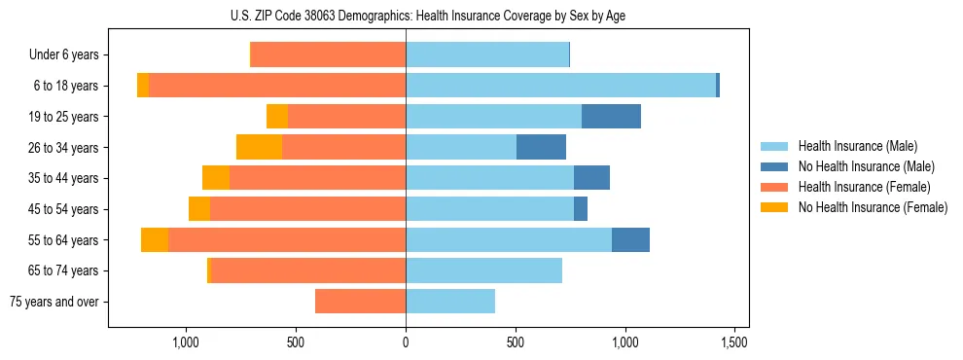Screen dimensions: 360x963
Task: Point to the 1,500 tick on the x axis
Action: [734, 342]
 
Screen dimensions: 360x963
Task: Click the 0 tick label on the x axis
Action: [406, 342]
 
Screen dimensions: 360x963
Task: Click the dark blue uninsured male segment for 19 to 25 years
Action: [611, 117]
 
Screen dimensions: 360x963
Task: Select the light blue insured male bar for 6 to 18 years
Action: [560, 86]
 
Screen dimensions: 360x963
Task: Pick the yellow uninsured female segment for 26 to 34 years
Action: [259, 147]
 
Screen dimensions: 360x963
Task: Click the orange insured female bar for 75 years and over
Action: [360, 302]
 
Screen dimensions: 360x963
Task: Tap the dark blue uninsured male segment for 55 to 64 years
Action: [630, 240]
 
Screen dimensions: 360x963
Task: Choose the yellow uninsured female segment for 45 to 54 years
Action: [199, 209]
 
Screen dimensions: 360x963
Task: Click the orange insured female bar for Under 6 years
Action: [329, 55]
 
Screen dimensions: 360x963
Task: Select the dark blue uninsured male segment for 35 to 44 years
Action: [591, 178]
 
